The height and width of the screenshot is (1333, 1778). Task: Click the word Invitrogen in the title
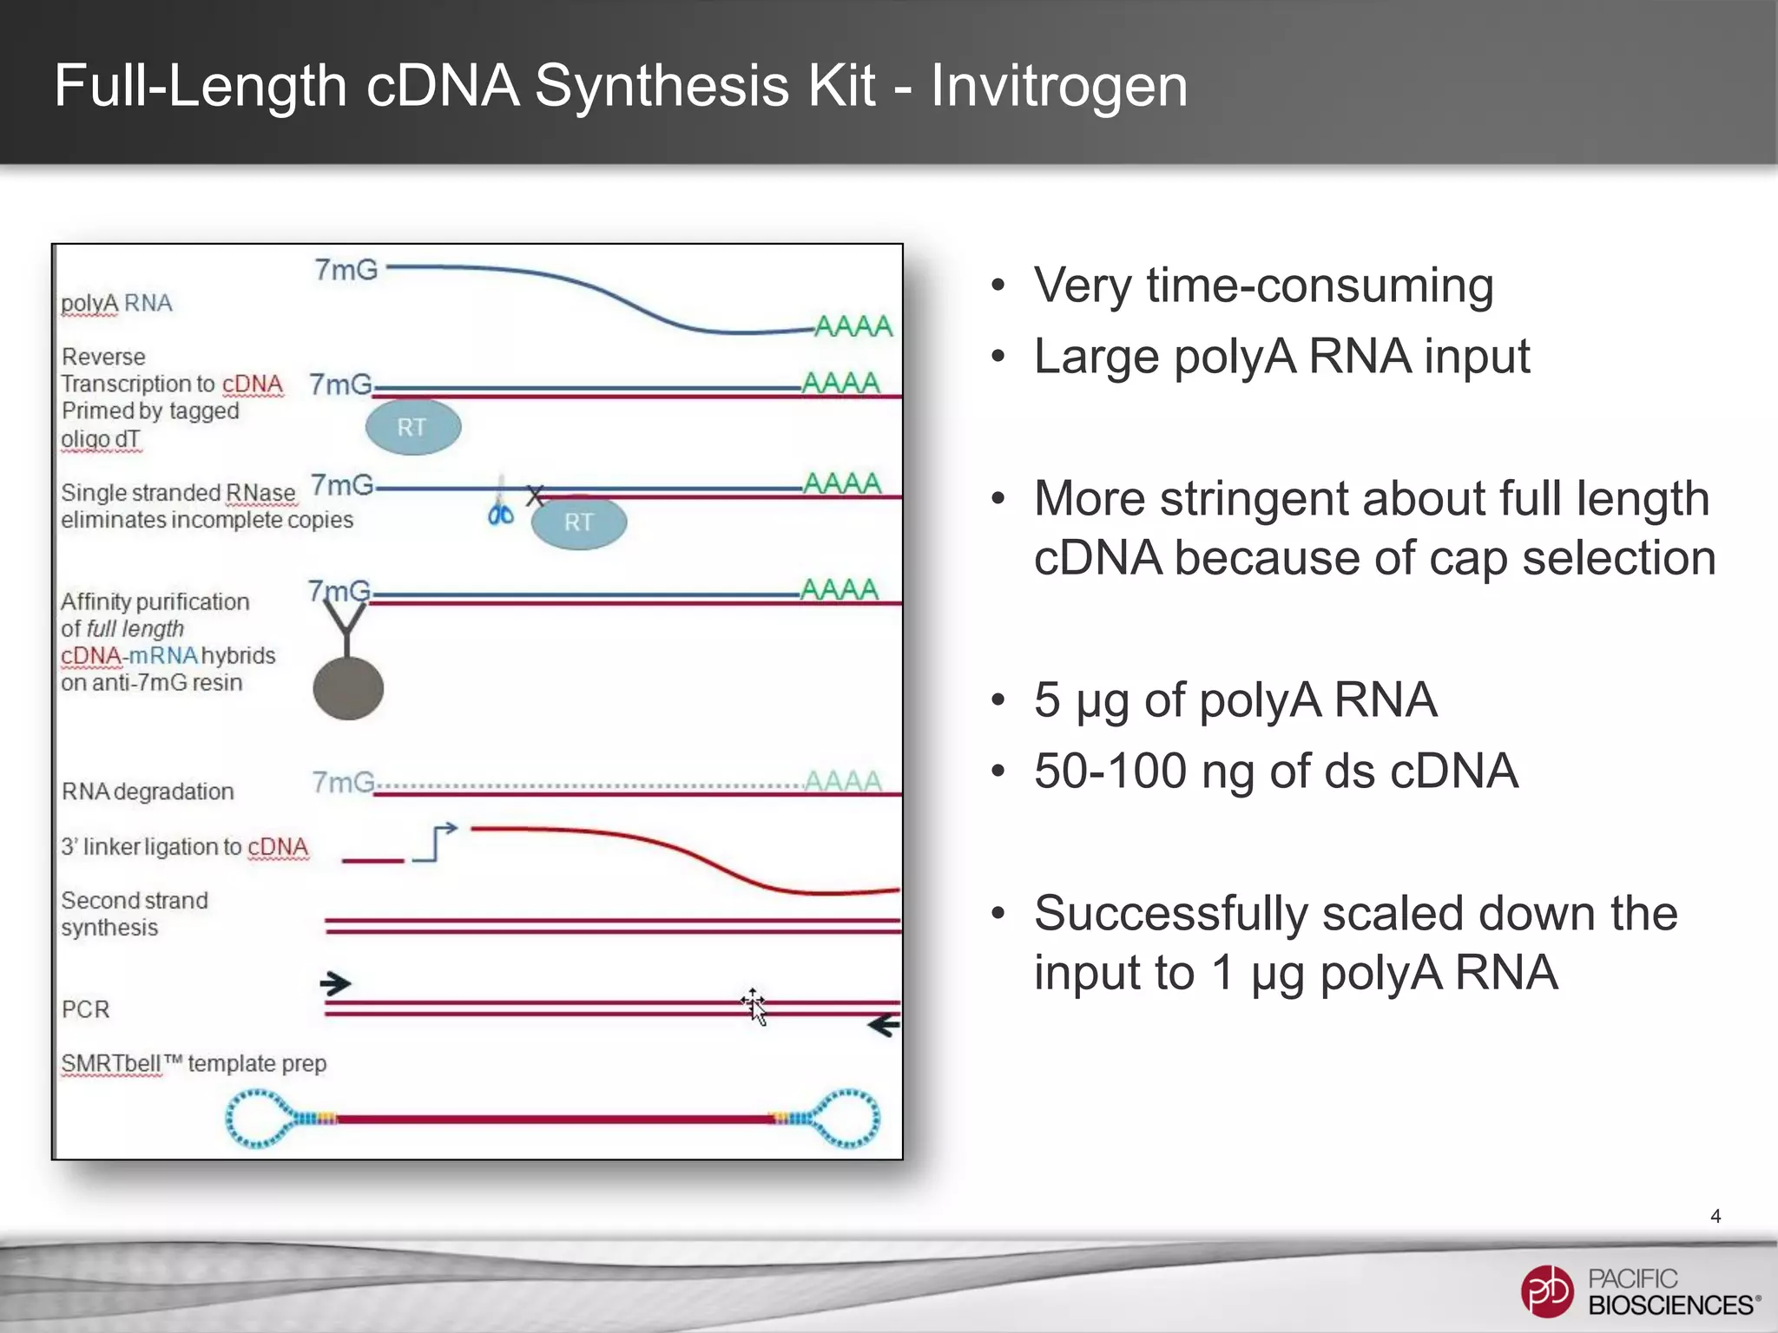1058,86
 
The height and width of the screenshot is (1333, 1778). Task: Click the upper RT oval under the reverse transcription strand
412,427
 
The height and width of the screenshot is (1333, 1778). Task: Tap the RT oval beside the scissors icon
578,522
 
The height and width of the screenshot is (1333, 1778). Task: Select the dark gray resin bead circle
348,688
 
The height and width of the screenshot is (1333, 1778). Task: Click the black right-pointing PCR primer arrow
335,983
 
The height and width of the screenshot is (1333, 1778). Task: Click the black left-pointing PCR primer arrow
884,1026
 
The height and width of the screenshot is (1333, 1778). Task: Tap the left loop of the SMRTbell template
258,1119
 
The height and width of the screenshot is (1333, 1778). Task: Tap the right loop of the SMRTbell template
847,1119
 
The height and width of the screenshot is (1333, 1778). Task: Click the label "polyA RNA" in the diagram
116,304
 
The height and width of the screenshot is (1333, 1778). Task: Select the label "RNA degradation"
148,791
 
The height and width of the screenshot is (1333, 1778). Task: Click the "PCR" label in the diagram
86,1009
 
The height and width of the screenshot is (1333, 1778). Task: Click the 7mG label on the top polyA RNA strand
346,270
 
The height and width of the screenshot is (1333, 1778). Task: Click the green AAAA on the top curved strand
853,326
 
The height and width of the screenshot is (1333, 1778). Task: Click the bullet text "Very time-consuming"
1263,286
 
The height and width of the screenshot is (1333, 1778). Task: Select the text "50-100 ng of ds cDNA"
1275,771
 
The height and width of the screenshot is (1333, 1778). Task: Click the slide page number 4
1715,1216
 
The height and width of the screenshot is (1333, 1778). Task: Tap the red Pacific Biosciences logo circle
1546,1290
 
